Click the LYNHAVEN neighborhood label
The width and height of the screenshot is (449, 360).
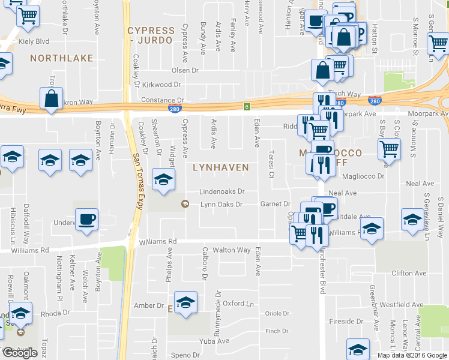click(x=220, y=167)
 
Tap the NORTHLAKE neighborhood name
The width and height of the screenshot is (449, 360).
click(x=61, y=58)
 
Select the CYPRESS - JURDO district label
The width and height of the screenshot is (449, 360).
click(x=151, y=35)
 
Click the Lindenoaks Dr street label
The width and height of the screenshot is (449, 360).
click(x=223, y=192)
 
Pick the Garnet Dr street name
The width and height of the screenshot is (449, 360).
click(x=275, y=204)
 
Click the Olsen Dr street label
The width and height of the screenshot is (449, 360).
click(x=185, y=70)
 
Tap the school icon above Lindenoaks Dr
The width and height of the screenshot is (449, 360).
click(x=163, y=179)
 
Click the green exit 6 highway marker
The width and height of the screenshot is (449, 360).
click(x=246, y=107)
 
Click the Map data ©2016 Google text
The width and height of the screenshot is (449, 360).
click(x=411, y=355)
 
